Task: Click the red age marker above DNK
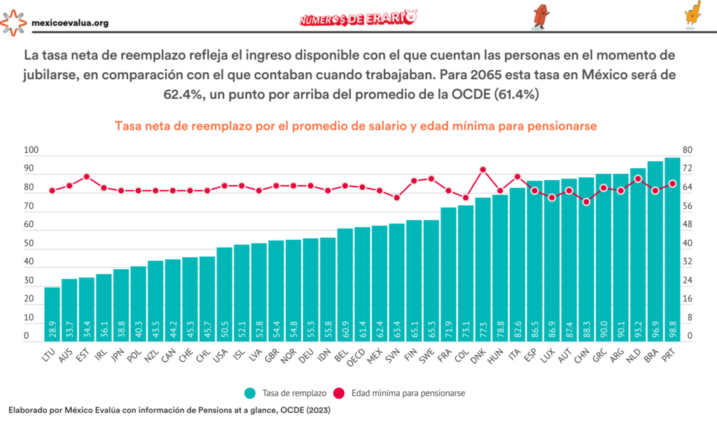(x=483, y=170)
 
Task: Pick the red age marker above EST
(x=86, y=177)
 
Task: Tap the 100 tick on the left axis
(x=31, y=151)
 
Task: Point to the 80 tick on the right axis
(x=687, y=151)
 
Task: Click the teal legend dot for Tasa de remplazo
(x=250, y=393)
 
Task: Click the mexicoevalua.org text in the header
(x=70, y=23)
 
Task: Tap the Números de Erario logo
(x=358, y=19)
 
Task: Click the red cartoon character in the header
(x=540, y=16)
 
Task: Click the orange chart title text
(x=358, y=126)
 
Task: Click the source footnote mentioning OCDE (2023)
(x=168, y=409)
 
